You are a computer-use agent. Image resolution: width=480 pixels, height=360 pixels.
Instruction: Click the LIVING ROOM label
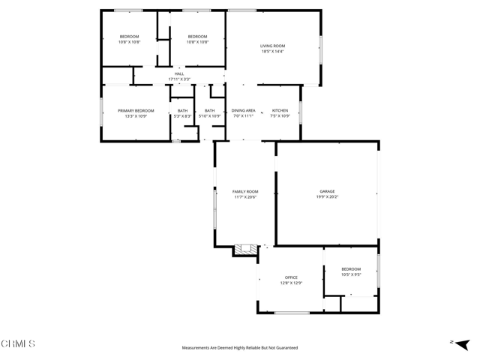click(x=272, y=46)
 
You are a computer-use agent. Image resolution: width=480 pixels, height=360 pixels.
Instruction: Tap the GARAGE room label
click(x=327, y=191)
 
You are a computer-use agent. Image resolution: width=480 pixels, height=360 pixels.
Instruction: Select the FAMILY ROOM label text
click(x=245, y=191)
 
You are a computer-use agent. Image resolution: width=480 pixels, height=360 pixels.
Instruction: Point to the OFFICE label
click(x=291, y=277)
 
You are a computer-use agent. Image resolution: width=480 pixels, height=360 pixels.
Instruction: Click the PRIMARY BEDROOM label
click(x=136, y=110)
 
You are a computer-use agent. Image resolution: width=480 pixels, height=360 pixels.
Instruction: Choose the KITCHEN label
click(x=280, y=110)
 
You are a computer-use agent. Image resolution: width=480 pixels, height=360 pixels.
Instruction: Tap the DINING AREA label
click(x=243, y=110)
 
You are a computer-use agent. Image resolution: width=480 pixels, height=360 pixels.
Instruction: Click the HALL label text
click(x=179, y=73)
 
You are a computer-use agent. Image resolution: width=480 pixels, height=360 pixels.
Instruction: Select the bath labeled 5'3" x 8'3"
click(x=183, y=110)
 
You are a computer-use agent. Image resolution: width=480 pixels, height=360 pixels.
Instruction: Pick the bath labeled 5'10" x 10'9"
click(x=210, y=110)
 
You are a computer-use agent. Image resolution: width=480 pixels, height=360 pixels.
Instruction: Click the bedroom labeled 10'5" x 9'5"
click(x=351, y=269)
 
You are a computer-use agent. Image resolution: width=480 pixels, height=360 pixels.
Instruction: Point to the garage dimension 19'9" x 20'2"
click(x=327, y=197)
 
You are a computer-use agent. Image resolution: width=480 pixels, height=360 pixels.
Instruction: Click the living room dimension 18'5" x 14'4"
click(x=272, y=52)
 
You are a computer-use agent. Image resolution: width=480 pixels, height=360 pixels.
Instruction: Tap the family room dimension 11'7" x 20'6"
click(x=245, y=197)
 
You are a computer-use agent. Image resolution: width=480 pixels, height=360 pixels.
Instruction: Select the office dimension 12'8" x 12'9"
click(x=291, y=283)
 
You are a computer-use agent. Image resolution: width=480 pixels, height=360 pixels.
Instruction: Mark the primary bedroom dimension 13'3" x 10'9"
click(x=136, y=116)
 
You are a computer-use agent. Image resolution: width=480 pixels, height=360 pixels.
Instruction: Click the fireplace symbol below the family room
click(x=244, y=250)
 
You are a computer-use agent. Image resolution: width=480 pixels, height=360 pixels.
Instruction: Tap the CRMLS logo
click(x=19, y=344)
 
